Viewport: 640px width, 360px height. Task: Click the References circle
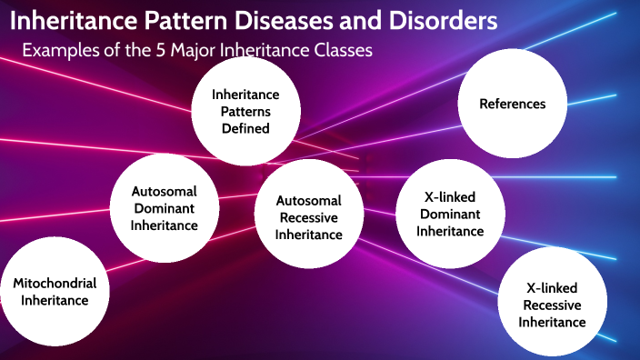[x=513, y=104]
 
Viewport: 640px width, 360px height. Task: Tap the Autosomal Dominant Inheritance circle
[x=164, y=208]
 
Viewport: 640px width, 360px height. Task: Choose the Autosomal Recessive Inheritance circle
[x=310, y=217]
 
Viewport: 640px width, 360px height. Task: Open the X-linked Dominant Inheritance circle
[x=450, y=214]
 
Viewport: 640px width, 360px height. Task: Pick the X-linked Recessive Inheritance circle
[x=552, y=300]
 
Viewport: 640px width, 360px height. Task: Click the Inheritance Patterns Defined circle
[x=245, y=111]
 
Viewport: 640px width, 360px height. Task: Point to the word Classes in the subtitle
[x=343, y=51]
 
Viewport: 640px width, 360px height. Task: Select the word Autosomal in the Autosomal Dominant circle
[x=164, y=192]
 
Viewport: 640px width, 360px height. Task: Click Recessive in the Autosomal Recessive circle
[x=310, y=217]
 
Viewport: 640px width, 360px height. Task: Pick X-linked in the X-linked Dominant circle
[x=450, y=197]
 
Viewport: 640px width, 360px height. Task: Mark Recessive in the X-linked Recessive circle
[x=552, y=305]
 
